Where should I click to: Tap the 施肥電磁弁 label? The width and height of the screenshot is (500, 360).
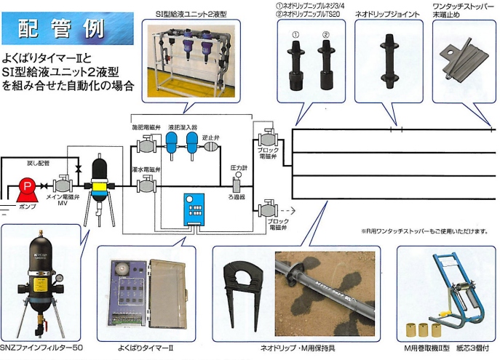coord(146,127)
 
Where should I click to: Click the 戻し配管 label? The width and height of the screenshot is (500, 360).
coord(38,164)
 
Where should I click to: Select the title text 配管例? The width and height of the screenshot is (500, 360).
coord(62,29)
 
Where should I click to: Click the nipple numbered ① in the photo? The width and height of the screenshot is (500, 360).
coord(295,62)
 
